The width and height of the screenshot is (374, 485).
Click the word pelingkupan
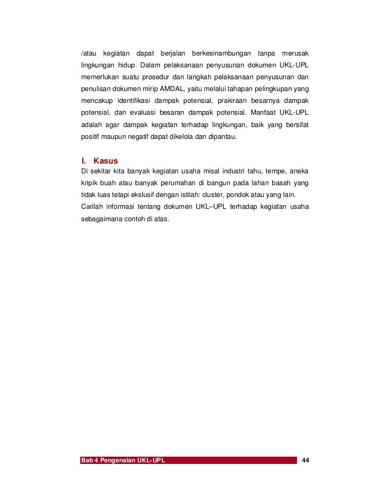(268, 89)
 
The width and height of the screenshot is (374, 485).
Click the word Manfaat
(263, 113)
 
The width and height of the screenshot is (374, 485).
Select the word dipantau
(222, 137)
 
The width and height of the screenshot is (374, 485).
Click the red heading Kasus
(105, 161)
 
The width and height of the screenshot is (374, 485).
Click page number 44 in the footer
(305, 459)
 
